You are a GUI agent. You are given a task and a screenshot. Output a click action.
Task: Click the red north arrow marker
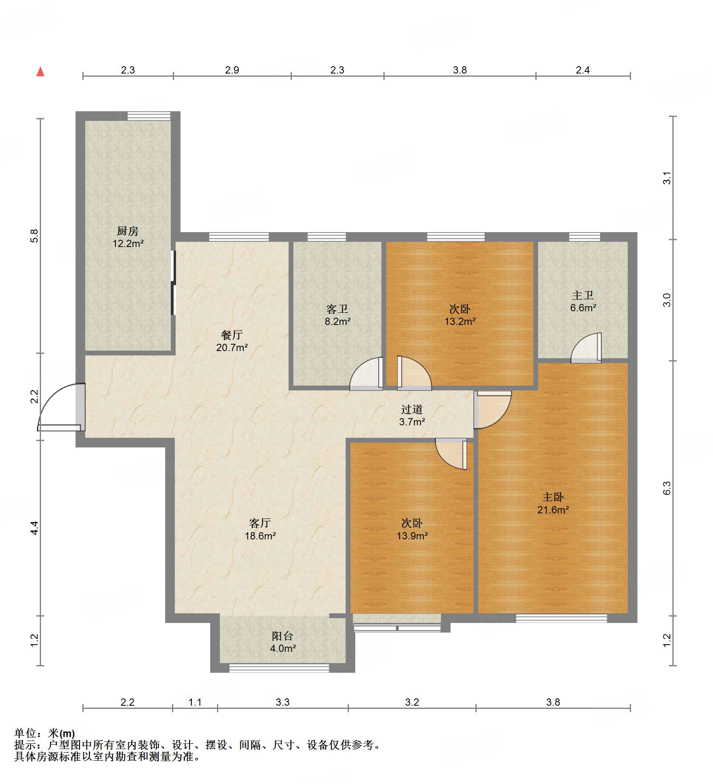(40, 71)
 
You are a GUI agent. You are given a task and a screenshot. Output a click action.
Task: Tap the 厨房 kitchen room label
(128, 231)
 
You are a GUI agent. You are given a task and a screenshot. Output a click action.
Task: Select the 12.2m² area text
(128, 243)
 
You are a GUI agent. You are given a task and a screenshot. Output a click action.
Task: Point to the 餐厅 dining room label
(232, 335)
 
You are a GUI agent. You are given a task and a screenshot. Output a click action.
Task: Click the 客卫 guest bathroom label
(337, 309)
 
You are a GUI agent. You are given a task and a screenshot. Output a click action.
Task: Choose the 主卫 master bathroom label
(583, 295)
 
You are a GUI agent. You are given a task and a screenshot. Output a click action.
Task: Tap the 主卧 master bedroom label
(553, 497)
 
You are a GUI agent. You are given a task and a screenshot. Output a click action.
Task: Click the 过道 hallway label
(412, 409)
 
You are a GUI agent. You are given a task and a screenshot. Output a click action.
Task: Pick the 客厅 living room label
(260, 523)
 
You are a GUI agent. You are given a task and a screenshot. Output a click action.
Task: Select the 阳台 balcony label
(283, 636)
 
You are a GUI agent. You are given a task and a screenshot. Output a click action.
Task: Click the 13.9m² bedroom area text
(412, 536)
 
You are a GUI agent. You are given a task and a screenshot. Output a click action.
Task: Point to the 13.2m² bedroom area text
(460, 321)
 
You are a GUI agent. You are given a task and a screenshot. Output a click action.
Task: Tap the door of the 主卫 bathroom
(586, 348)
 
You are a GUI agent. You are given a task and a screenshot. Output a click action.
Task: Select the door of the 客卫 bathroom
(366, 374)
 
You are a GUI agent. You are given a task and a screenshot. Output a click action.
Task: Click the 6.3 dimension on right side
(667, 488)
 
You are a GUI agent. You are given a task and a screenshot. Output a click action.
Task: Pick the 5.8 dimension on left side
(34, 236)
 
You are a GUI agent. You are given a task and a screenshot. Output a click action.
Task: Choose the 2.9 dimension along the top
(232, 70)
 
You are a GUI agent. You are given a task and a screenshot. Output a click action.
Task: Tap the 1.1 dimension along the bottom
(195, 702)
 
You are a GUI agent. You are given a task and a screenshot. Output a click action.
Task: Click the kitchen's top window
(149, 116)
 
